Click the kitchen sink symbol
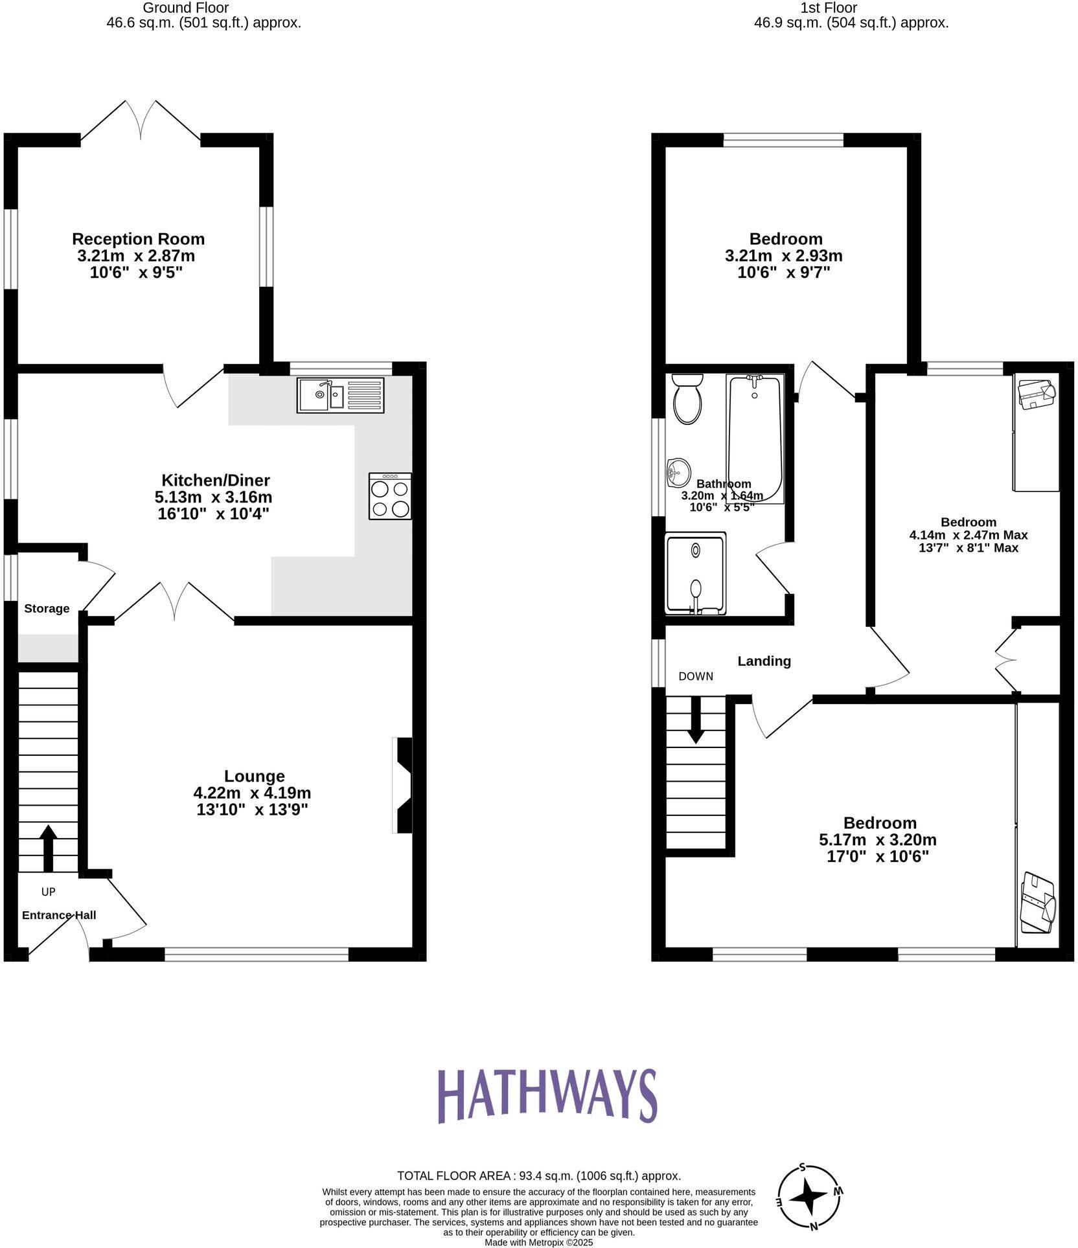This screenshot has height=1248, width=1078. tap(340, 395)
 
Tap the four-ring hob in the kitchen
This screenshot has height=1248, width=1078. tap(389, 496)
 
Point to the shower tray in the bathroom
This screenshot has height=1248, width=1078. tap(695, 573)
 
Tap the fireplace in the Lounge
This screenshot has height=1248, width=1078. tap(402, 785)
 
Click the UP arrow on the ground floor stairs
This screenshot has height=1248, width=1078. tap(48, 848)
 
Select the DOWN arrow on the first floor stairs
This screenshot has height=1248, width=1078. tap(696, 719)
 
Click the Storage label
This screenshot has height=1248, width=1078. tap(47, 608)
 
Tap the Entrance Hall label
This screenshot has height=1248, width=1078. tap(59, 914)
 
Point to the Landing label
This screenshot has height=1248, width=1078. tap(764, 661)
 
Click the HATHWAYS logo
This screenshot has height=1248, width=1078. tap(547, 1095)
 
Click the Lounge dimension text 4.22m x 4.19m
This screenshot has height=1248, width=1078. tap(252, 792)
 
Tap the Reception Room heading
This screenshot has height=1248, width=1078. tap(138, 238)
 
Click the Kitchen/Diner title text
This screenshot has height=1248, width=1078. tap(215, 480)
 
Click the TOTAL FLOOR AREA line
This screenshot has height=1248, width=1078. tap(538, 1175)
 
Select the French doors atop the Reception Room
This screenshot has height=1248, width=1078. tap(141, 120)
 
